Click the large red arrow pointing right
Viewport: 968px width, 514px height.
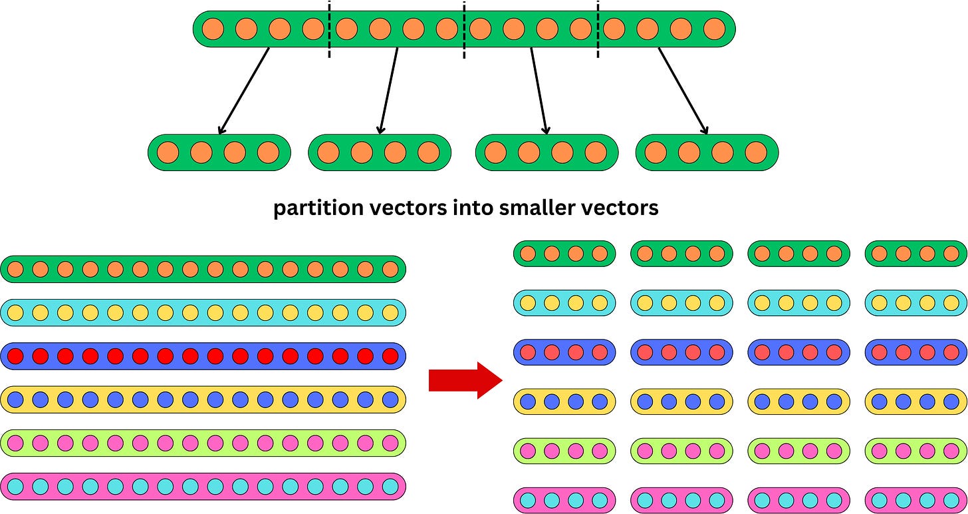coord(464,381)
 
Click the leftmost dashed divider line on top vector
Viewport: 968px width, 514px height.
coord(330,29)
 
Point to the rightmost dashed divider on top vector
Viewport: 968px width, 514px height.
coord(598,29)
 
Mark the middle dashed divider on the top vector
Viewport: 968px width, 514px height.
coord(463,29)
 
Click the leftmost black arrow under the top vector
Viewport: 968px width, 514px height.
coord(243,91)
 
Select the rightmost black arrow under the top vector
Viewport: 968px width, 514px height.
coord(683,91)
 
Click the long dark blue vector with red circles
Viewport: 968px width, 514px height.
coord(203,356)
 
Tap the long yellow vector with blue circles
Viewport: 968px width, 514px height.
coord(203,399)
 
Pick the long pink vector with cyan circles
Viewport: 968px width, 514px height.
coord(203,487)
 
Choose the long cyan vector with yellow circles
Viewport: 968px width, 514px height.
coord(203,312)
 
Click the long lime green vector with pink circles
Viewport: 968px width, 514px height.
coord(203,443)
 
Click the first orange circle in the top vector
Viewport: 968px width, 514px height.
coord(212,29)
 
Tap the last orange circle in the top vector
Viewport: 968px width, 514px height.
coord(715,29)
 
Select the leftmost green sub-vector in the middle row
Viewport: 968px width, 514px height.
coord(219,152)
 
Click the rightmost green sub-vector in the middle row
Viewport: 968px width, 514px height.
coord(707,152)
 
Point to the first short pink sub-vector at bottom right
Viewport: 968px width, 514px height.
coord(564,500)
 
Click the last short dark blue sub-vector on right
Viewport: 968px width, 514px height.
coord(915,352)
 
